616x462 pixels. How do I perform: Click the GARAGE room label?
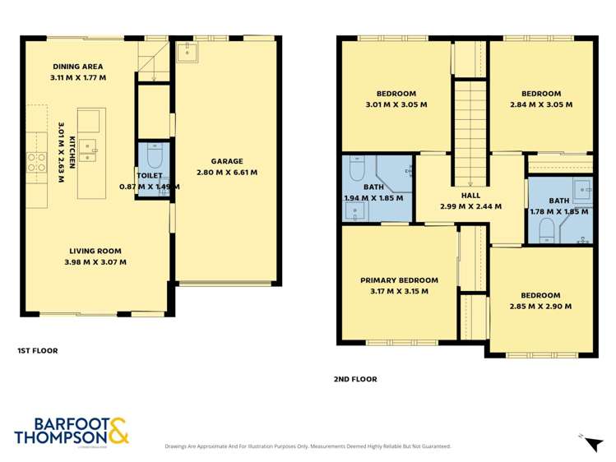pyautogui.click(x=227, y=162)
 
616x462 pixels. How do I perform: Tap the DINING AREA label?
pyautogui.click(x=77, y=67)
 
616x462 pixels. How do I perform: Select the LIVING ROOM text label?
pyautogui.click(x=95, y=252)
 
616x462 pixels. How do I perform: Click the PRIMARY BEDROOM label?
pyautogui.click(x=399, y=280)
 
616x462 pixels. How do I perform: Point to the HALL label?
pyautogui.click(x=470, y=195)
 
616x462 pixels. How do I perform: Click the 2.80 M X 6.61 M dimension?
pyautogui.click(x=227, y=173)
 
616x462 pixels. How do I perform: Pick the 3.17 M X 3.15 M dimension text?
pyautogui.click(x=399, y=291)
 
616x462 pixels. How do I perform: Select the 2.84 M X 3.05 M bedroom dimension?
pyautogui.click(x=540, y=104)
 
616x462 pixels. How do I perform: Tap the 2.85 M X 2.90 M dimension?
pyautogui.click(x=540, y=306)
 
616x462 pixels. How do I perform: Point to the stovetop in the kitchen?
pyautogui.click(x=37, y=163)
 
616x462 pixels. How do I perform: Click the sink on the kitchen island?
pyautogui.click(x=90, y=150)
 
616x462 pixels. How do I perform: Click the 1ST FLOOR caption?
pyautogui.click(x=38, y=350)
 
